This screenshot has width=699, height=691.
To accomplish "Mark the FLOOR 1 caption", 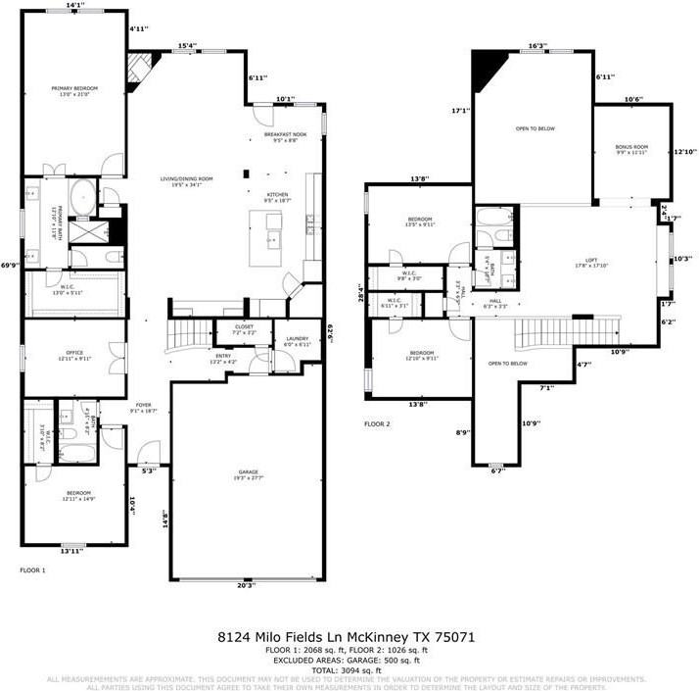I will point(33,568).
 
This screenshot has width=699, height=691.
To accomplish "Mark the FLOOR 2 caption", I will point(377,424).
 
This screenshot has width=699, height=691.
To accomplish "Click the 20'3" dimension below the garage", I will point(245,585).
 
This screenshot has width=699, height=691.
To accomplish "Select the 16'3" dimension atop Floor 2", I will point(536,45).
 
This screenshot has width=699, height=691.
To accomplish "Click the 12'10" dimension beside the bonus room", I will point(684,152).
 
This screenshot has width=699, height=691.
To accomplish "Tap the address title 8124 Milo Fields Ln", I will point(346,637).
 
